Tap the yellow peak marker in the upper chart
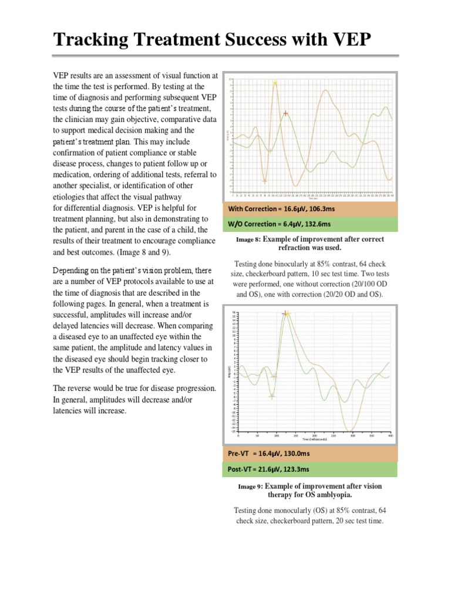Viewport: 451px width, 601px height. coord(275,83)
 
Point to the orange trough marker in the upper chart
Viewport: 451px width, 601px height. coord(264,181)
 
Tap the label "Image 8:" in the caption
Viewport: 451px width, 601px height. coord(248,240)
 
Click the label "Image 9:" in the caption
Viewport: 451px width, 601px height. coord(251,487)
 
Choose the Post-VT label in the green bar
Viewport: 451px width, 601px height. coord(240,470)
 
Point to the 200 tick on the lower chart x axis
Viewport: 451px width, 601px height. coord(314,436)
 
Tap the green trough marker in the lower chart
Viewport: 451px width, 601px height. coord(271,397)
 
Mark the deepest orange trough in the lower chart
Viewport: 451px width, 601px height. coord(351,431)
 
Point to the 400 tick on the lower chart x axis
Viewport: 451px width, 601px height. coord(391,436)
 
